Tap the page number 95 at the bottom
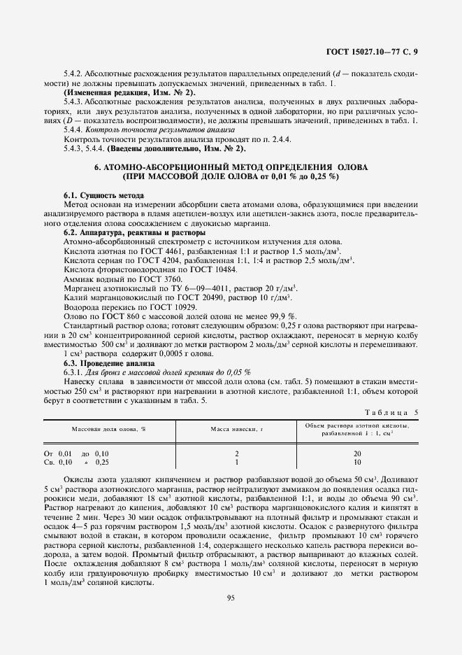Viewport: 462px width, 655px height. coord(231,597)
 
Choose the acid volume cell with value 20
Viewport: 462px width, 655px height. coord(357,453)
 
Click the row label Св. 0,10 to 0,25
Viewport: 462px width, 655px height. coord(76,462)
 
